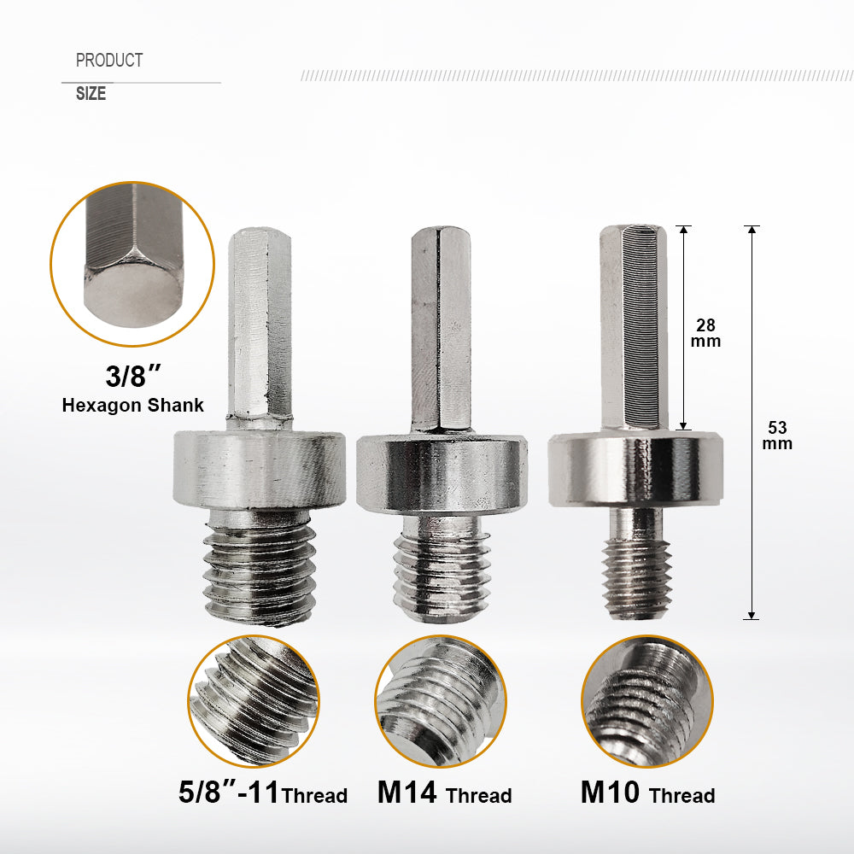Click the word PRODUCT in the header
click(x=108, y=61)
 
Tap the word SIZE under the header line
click(x=91, y=94)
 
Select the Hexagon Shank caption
click(x=132, y=405)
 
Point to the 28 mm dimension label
click(x=706, y=333)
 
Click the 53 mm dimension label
click(x=778, y=435)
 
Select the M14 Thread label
click(x=444, y=793)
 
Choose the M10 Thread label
click(x=647, y=793)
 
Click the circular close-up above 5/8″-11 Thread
click(x=254, y=701)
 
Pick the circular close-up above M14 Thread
click(x=440, y=701)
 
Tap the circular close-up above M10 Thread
click(x=646, y=701)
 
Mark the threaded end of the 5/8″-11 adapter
click(x=259, y=572)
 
